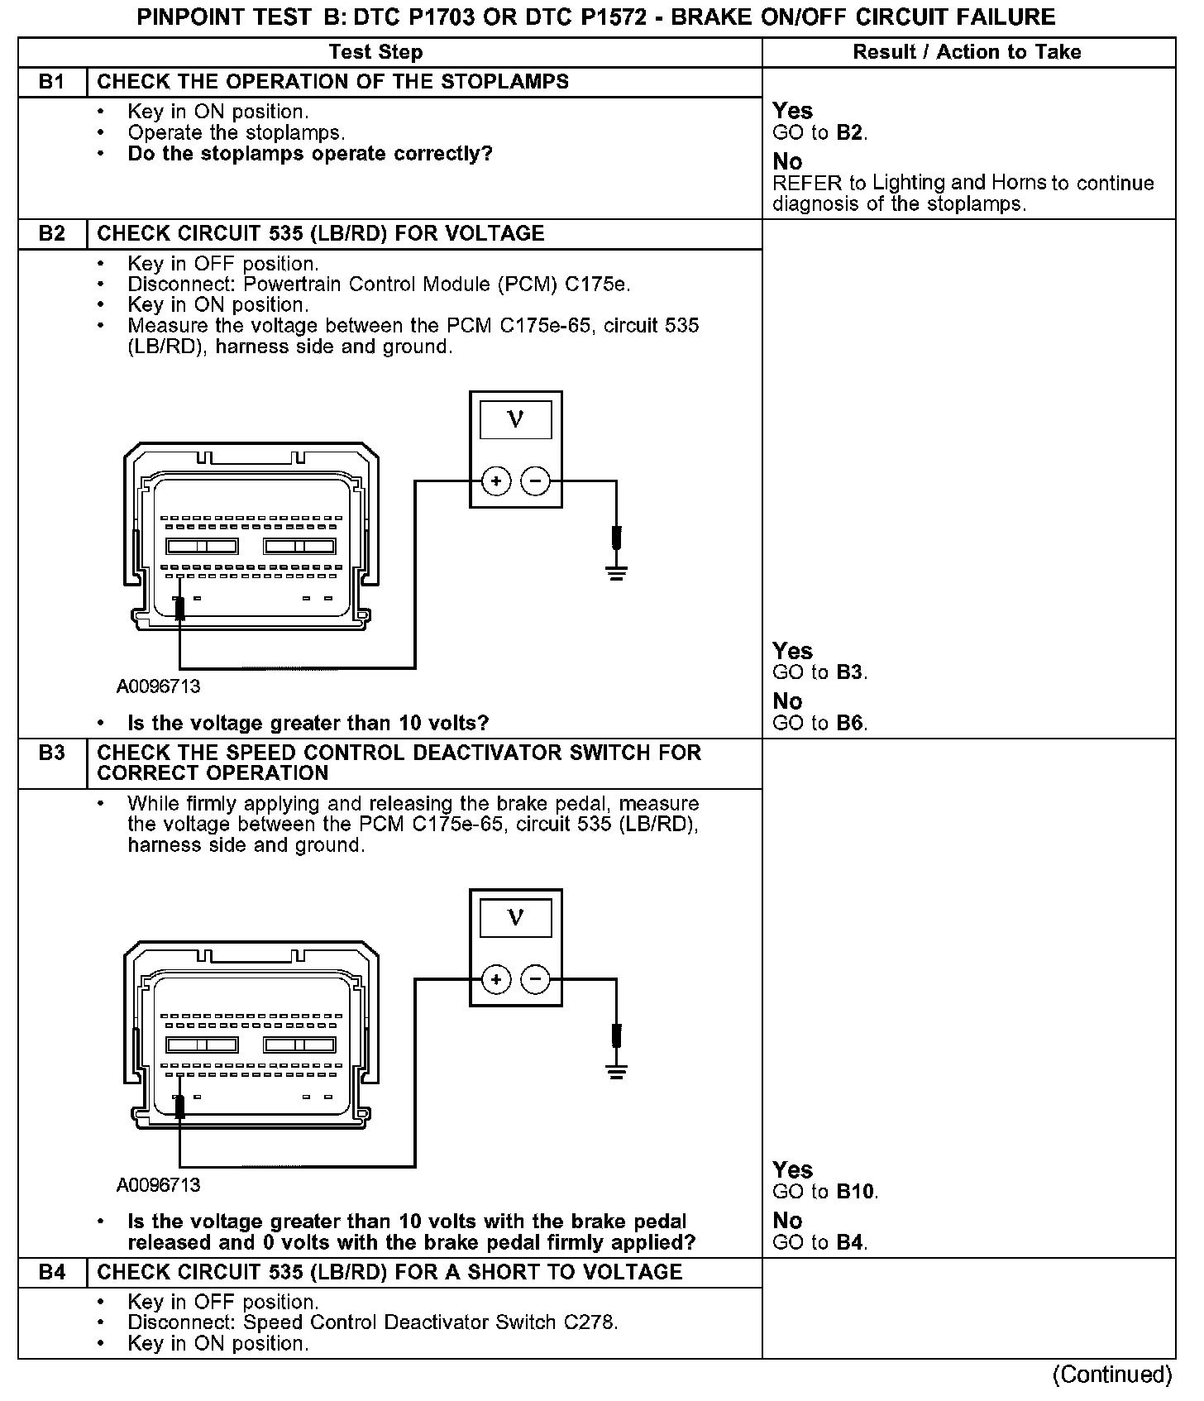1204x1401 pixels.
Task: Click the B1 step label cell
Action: (x=52, y=82)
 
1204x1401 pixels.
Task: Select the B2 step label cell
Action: (x=52, y=233)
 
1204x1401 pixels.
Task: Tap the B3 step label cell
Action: (x=52, y=753)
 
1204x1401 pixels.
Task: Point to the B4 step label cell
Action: (x=52, y=1272)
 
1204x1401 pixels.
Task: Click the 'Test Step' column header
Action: (x=375, y=52)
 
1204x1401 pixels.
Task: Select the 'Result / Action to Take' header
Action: (x=967, y=52)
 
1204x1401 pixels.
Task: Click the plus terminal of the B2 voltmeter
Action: (x=496, y=481)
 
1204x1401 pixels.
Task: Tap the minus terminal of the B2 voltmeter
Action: (x=536, y=481)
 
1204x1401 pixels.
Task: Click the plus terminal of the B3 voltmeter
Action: (x=496, y=980)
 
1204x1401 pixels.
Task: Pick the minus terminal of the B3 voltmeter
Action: (x=536, y=980)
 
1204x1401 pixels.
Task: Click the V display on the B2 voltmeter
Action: (x=515, y=420)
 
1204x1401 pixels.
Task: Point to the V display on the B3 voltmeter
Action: (x=515, y=918)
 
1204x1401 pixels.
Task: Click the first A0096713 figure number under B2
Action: (x=158, y=686)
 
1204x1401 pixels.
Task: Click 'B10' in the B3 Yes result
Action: (x=856, y=1192)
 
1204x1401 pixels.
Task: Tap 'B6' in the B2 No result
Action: (x=850, y=723)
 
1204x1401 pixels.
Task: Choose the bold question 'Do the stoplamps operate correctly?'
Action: (x=310, y=154)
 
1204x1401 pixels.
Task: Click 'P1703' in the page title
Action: (x=439, y=17)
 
